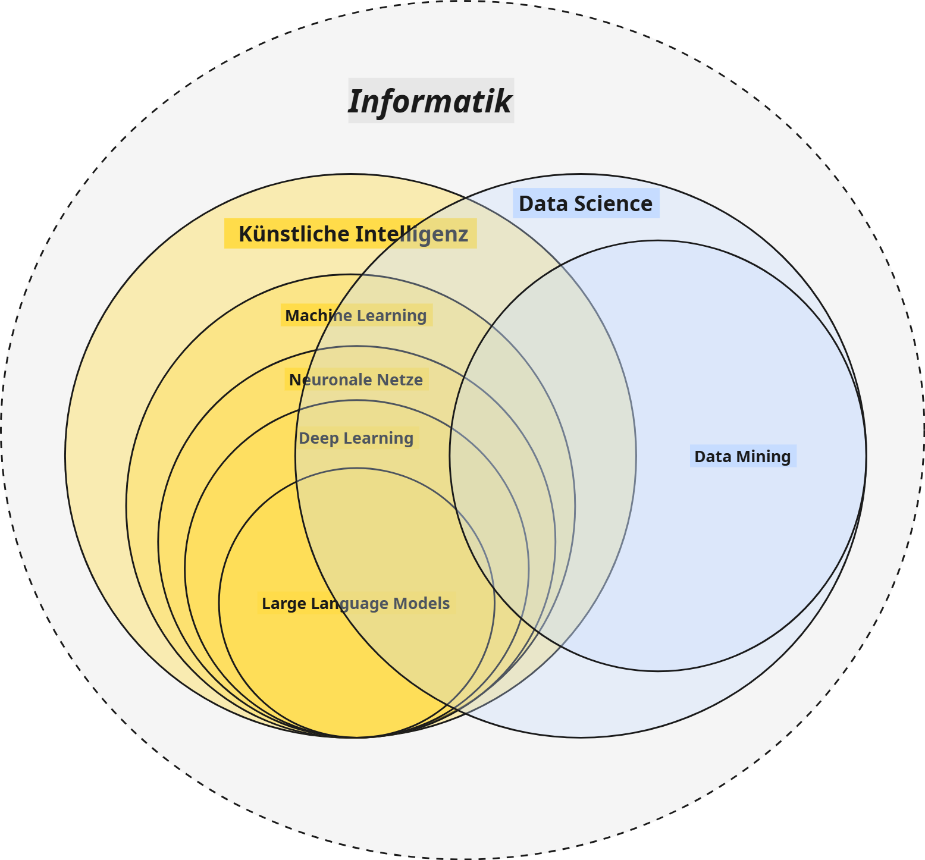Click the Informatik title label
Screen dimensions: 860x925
tap(430, 101)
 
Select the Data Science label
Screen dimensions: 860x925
tap(585, 204)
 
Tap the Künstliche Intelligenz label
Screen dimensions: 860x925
tap(353, 234)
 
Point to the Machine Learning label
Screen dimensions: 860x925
tap(356, 315)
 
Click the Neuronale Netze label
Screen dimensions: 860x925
tap(356, 379)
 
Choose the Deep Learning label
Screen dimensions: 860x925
tap(356, 438)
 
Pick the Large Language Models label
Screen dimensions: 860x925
tap(356, 604)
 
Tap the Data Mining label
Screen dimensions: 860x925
tap(742, 456)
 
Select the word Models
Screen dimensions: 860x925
tap(422, 604)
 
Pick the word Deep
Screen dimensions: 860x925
tap(315, 438)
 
